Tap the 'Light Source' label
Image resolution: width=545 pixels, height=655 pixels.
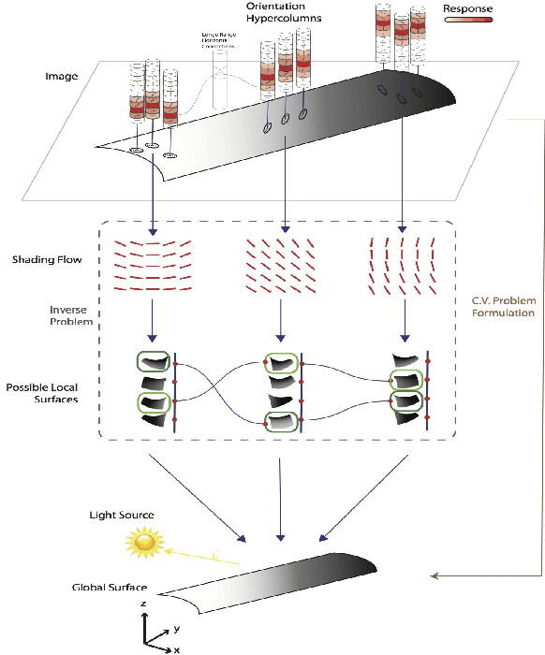click(x=121, y=515)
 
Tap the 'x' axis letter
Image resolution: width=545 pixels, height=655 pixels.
click(x=176, y=648)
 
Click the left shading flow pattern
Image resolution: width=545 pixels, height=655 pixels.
click(x=151, y=264)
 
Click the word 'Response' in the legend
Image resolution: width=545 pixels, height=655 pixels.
click(x=467, y=8)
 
